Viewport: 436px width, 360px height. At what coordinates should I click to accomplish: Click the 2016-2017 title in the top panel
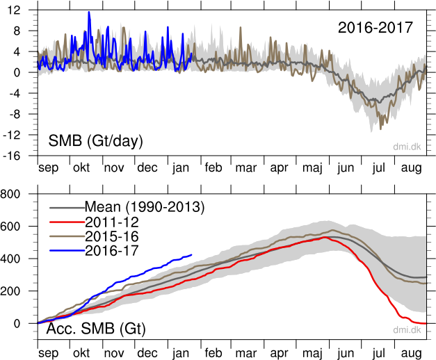[x=376, y=28]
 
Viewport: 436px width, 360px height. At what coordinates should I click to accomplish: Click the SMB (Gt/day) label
[x=95, y=141]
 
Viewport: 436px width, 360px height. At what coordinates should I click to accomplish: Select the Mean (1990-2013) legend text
[x=144, y=206]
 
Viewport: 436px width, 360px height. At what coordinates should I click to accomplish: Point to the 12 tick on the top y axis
[x=13, y=10]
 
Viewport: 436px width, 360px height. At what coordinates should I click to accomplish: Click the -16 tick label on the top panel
[x=10, y=155]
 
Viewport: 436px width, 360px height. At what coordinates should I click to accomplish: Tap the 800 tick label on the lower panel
[x=15, y=195]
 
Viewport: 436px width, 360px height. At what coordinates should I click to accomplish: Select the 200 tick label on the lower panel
[x=15, y=291]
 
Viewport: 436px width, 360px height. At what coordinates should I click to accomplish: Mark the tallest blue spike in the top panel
[x=89, y=13]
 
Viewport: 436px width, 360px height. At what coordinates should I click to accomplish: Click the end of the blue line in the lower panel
[x=192, y=254]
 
